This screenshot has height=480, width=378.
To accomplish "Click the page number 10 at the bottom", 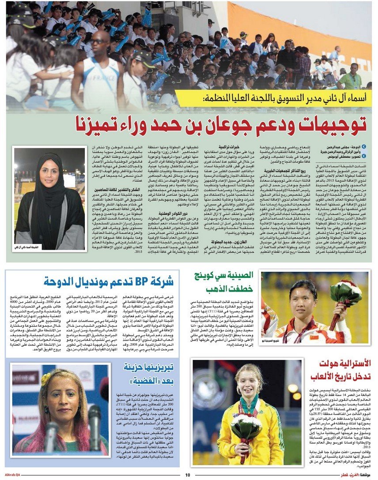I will tap(187, 475).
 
